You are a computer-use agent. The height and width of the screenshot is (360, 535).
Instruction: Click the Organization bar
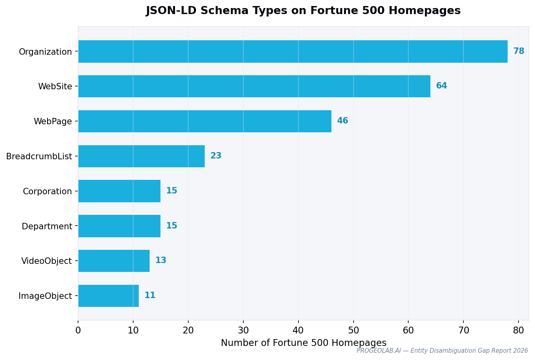292,51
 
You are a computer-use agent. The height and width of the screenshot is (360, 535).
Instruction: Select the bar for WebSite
254,86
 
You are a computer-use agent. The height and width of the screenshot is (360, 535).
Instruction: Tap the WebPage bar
204,121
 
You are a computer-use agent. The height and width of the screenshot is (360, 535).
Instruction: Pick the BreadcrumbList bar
141,156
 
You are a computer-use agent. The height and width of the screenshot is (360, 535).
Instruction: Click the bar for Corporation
119,191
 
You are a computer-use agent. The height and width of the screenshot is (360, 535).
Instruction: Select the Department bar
119,226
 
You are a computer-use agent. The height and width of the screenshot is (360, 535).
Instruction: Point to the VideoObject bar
114,261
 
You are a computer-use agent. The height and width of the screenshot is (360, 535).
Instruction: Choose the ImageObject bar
108,296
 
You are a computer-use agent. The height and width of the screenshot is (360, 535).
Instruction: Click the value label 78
519,51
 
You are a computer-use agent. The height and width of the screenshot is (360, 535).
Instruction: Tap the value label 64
441,86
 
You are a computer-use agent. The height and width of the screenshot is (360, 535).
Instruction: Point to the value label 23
216,156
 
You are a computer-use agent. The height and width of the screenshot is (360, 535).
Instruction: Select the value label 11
150,296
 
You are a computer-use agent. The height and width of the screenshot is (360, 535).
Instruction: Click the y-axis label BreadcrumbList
39,156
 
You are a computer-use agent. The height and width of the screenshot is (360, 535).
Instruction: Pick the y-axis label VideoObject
47,261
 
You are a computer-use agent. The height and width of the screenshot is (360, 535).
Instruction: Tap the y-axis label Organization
45,52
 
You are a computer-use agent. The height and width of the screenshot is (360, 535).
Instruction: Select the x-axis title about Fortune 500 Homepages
303,343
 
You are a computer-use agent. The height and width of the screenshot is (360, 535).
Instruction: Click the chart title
303,11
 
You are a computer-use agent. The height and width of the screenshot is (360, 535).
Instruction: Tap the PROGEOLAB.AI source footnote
442,351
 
